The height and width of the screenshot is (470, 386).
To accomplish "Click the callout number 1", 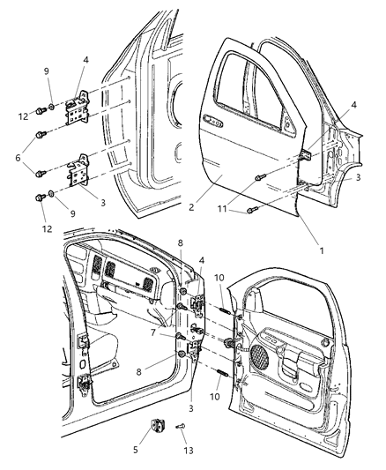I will coord(322,250).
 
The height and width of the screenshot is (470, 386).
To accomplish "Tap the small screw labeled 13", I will coord(182,429).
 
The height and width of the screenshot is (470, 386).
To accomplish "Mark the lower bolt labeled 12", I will coord(40,198).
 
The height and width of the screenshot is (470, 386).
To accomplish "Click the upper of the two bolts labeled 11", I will coord(257,178).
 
